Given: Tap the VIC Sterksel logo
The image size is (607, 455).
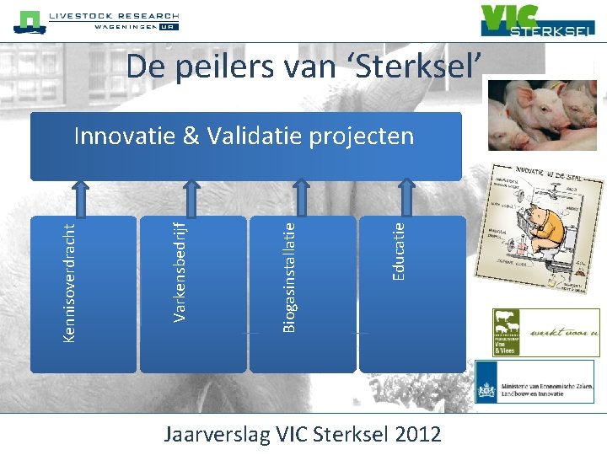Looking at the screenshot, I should click(537, 21).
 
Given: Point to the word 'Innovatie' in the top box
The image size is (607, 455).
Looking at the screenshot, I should click(121, 136).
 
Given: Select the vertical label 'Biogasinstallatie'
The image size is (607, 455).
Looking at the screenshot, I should click(288, 275).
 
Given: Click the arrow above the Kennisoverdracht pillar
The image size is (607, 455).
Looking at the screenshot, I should click(83, 198).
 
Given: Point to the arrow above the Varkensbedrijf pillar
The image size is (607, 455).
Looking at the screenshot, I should click(193, 198).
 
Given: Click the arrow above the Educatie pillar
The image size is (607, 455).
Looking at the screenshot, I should click(411, 198).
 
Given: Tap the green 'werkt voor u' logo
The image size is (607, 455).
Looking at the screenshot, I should click(546, 332).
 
